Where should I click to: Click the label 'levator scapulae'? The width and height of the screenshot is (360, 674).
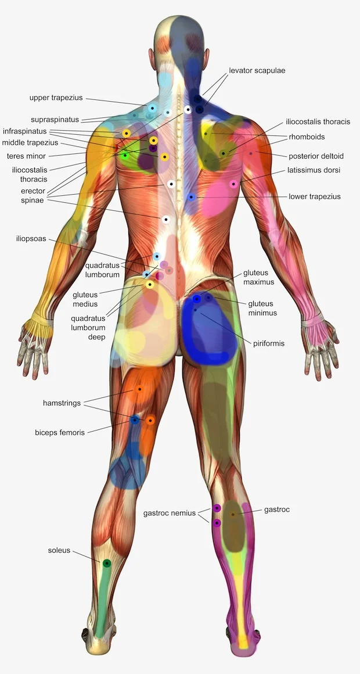(257, 70)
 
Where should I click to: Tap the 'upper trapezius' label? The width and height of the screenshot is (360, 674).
(56, 98)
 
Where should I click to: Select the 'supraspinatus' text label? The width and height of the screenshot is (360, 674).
(55, 120)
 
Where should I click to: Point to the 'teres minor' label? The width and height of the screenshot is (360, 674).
(26, 156)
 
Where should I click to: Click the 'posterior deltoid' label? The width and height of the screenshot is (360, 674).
(316, 156)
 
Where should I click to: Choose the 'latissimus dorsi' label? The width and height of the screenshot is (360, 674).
(314, 170)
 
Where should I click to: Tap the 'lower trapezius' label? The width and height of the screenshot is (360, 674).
(315, 196)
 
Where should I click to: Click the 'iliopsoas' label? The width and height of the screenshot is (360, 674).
(31, 239)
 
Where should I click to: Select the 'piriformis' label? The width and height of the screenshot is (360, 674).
(269, 343)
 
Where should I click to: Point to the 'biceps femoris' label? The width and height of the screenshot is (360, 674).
(60, 432)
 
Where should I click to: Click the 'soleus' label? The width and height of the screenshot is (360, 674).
(59, 550)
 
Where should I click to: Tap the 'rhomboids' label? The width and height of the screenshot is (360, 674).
(307, 137)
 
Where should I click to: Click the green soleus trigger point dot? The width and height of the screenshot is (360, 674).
(107, 563)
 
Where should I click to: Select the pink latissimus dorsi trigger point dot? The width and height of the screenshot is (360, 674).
(233, 184)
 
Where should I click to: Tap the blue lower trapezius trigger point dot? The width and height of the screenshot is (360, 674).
(191, 197)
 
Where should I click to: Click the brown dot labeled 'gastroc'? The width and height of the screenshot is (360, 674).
(233, 514)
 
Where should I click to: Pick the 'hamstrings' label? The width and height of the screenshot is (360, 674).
(62, 403)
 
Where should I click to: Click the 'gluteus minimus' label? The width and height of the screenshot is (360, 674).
(261, 308)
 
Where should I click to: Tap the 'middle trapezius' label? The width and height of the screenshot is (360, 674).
(30, 142)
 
